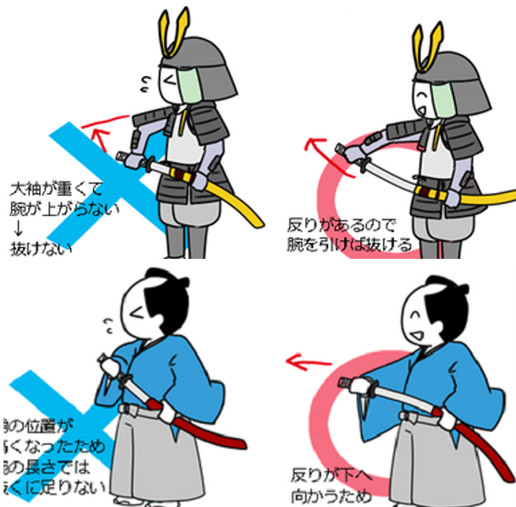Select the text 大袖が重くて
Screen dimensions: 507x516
pos(56,189)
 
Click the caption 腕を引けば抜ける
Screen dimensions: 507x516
pos(349,245)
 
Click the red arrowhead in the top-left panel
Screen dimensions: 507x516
pos(96,134)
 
